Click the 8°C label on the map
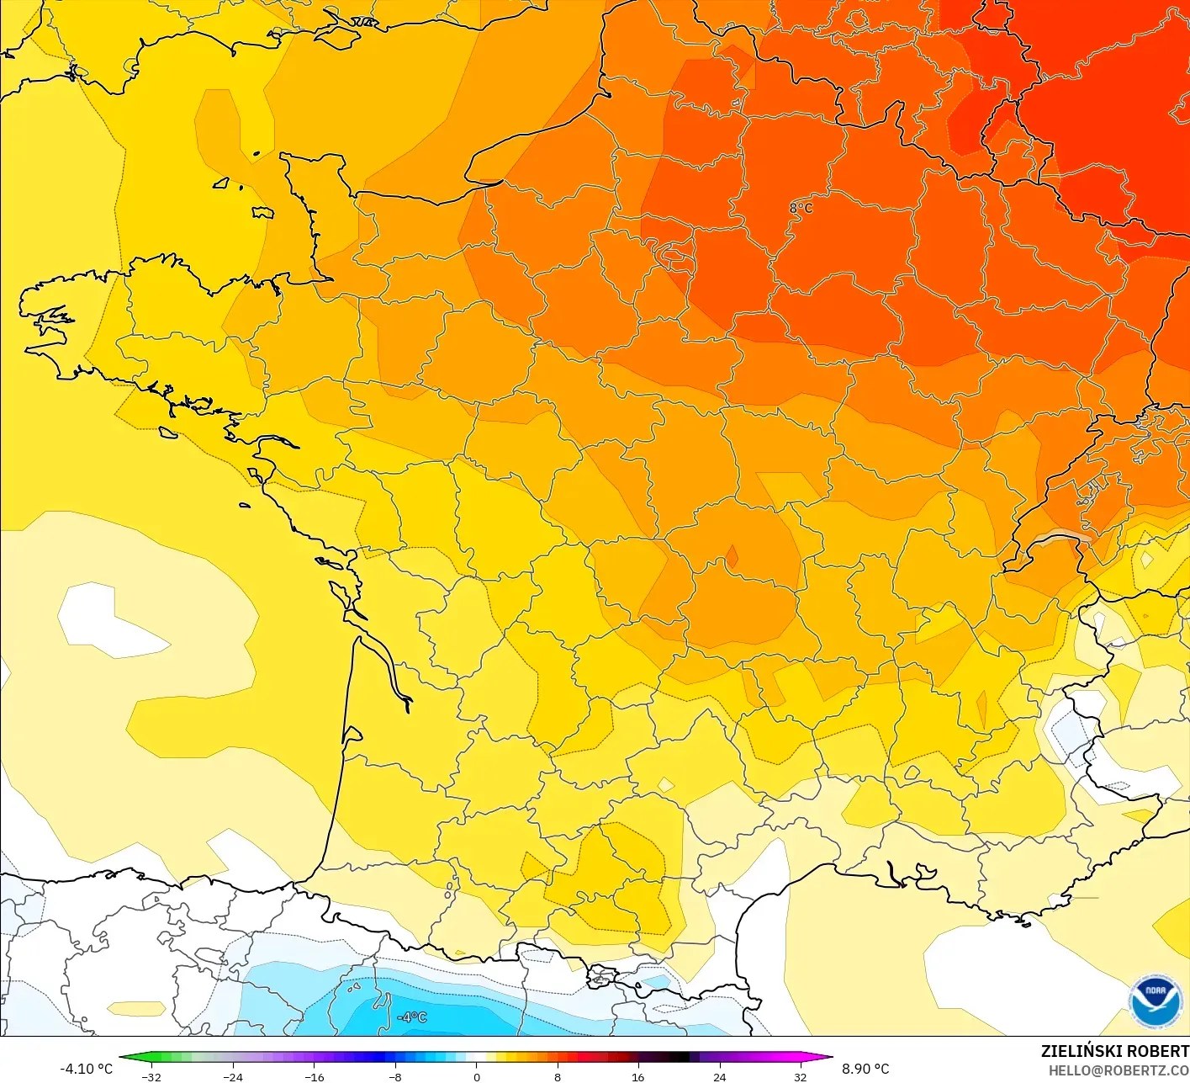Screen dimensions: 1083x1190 click(x=801, y=208)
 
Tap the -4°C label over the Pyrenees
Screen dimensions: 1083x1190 click(x=412, y=1017)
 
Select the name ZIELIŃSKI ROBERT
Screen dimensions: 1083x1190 click(x=1114, y=1051)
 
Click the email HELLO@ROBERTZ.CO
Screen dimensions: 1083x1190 click(x=1119, y=1070)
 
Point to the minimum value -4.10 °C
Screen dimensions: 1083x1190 click(x=86, y=1069)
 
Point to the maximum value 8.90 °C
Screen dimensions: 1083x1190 click(x=865, y=1069)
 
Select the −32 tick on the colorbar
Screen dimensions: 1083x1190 click(x=151, y=1077)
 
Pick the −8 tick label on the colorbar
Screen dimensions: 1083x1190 click(x=394, y=1077)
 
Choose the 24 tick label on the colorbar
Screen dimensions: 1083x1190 click(x=719, y=1077)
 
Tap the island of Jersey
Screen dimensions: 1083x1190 click(x=263, y=212)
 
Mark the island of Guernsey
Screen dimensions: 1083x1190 click(x=221, y=183)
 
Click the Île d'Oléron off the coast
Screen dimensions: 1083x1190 click(x=342, y=594)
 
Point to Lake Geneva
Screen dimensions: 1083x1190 click(x=1061, y=539)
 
